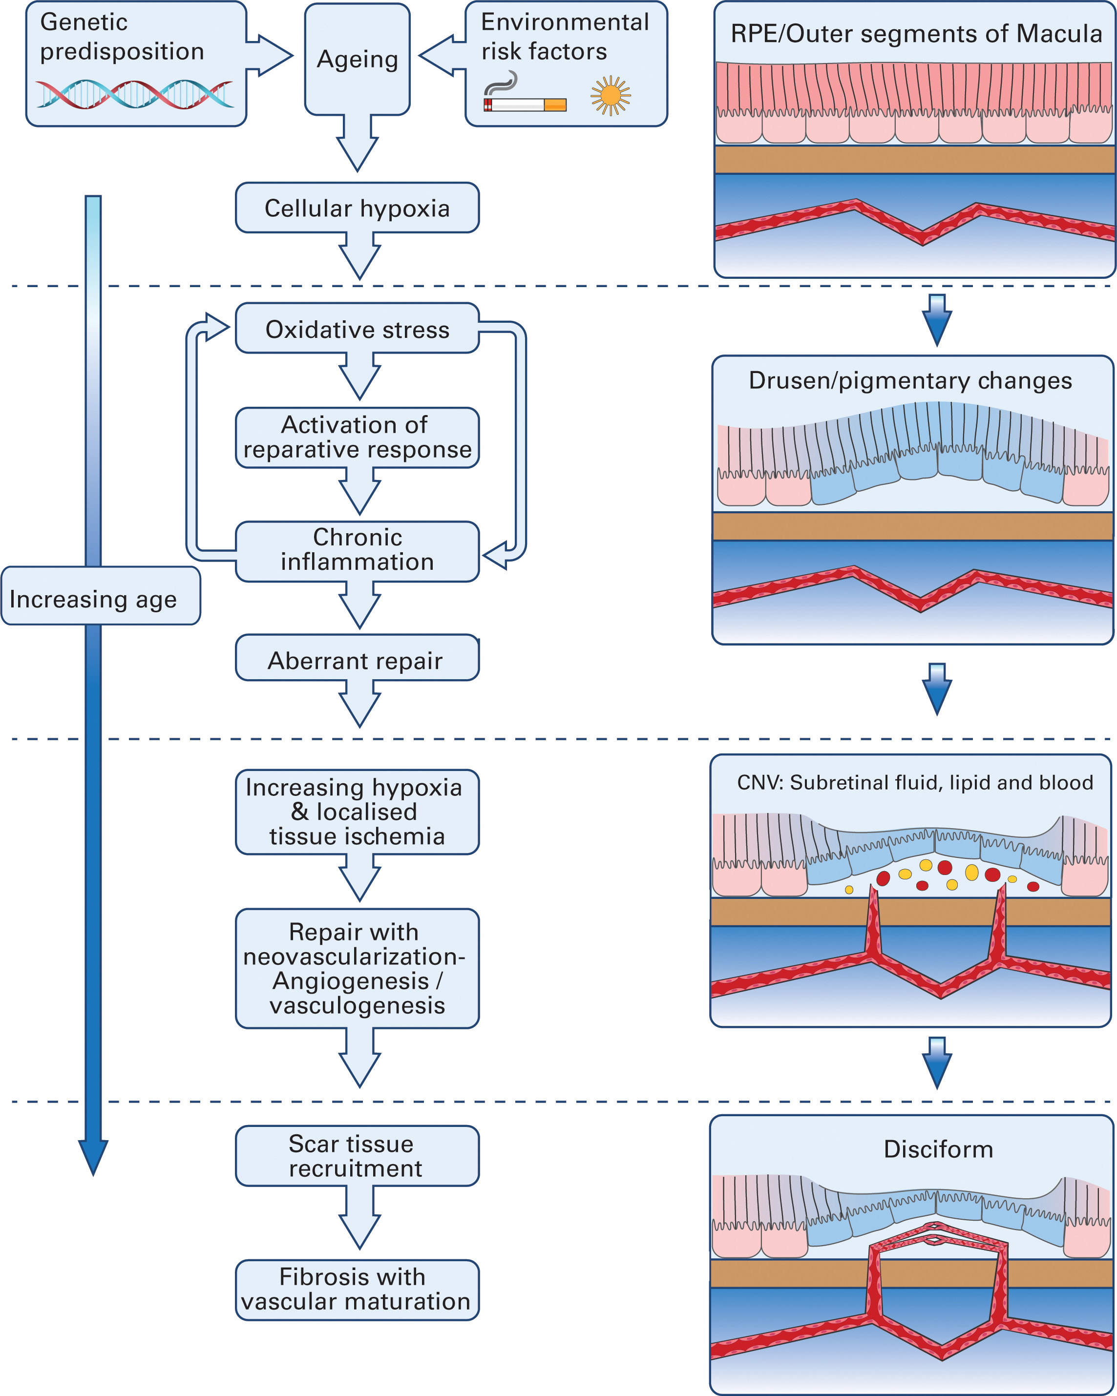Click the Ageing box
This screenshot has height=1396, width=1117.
[357, 60]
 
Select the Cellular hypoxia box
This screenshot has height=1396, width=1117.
[357, 208]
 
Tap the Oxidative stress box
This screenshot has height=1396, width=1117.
[357, 329]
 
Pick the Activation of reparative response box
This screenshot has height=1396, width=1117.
[357, 437]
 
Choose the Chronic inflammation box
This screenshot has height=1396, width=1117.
[357, 550]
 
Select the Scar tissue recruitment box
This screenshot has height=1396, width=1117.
[357, 1156]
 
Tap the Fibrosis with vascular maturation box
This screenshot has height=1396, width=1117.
[357, 1290]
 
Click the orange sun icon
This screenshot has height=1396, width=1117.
[610, 96]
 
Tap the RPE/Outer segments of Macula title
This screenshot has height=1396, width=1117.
[916, 34]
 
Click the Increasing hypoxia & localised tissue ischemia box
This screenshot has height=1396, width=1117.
[357, 812]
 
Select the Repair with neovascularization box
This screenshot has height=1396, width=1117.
[357, 968]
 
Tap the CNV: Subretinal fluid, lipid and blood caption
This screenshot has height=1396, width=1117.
[914, 783]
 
